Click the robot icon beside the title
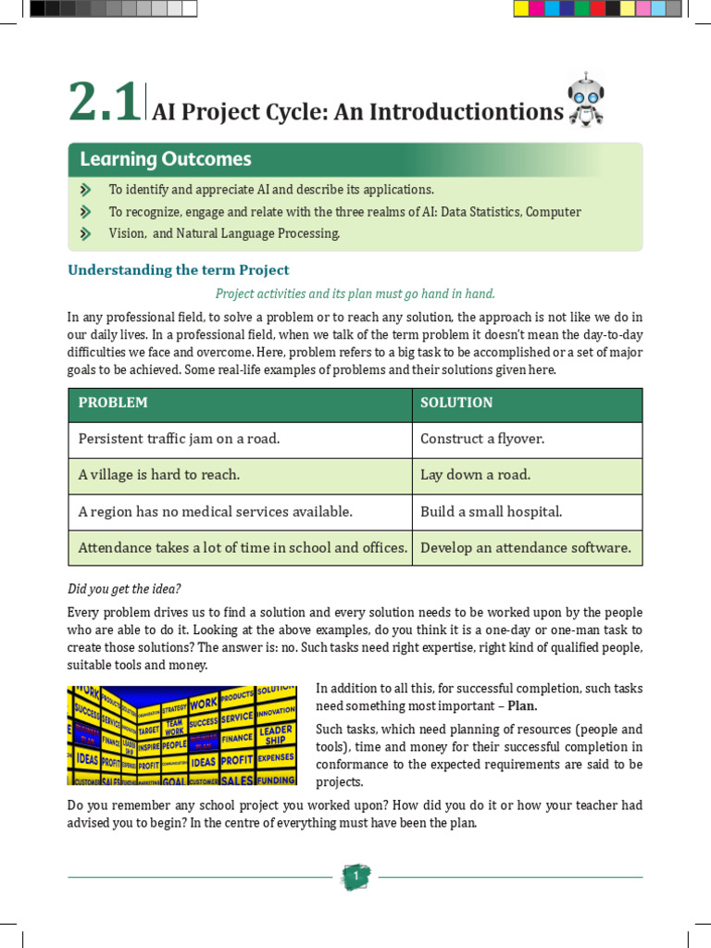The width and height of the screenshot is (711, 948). pyautogui.click(x=585, y=100)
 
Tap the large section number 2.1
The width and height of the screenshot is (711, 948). pyautogui.click(x=105, y=103)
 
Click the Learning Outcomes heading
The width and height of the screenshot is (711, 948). pyautogui.click(x=166, y=159)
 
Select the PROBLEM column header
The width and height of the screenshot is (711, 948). pyautogui.click(x=113, y=403)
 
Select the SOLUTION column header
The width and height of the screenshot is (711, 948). pyautogui.click(x=456, y=403)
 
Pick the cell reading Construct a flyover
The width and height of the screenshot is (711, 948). pyautogui.click(x=482, y=439)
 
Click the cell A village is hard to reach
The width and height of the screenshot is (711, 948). pyautogui.click(x=159, y=475)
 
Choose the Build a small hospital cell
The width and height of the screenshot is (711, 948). pyautogui.click(x=491, y=511)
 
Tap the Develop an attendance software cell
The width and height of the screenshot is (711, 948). pyautogui.click(x=526, y=547)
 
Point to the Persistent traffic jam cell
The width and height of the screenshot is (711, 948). pyautogui.click(x=179, y=439)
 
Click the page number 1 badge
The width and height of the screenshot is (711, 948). pyautogui.click(x=355, y=876)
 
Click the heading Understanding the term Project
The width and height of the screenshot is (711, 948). pyautogui.click(x=179, y=270)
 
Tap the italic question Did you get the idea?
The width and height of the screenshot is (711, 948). pyautogui.click(x=125, y=589)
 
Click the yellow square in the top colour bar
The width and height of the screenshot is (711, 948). pyautogui.click(x=521, y=9)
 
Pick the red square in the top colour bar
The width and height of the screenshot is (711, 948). pyautogui.click(x=597, y=9)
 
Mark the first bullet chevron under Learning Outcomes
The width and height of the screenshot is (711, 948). pyautogui.click(x=86, y=190)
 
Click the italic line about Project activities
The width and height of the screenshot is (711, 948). pyautogui.click(x=355, y=293)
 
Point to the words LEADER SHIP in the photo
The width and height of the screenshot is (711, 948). pyautogui.click(x=275, y=735)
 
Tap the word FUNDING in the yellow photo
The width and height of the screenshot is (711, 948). pyautogui.click(x=275, y=780)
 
